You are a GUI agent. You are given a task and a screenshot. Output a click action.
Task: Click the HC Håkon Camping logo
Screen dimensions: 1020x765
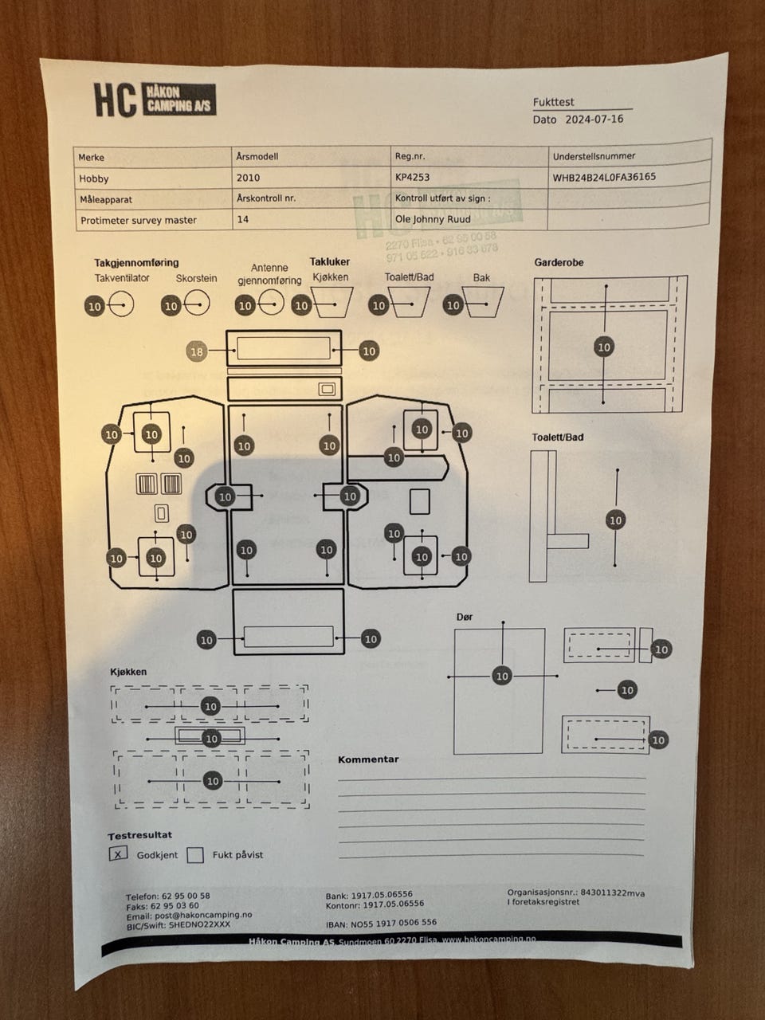tap(155, 100)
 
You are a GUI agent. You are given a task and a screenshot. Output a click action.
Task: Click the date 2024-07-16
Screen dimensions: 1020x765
tap(594, 120)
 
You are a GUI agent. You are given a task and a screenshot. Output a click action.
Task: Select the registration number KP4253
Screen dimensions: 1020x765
tap(412, 178)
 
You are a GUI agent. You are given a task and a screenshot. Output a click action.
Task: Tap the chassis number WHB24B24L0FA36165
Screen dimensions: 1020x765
tap(604, 177)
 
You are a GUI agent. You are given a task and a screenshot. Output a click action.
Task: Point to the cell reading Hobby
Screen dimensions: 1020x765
tap(94, 178)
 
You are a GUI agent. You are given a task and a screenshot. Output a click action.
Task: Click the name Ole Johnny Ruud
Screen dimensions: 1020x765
tap(433, 218)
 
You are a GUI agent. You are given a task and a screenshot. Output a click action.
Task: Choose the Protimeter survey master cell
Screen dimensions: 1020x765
tap(138, 220)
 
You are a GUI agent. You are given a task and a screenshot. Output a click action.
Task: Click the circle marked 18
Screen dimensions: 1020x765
tap(197, 351)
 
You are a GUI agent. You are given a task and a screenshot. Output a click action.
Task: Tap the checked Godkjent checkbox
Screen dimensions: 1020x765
tap(118, 854)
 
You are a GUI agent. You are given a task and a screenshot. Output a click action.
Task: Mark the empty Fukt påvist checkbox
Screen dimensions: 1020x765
tap(195, 855)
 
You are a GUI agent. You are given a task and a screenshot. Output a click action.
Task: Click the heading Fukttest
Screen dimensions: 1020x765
tap(553, 102)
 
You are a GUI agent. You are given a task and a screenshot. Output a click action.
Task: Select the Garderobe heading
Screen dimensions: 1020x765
tap(559, 262)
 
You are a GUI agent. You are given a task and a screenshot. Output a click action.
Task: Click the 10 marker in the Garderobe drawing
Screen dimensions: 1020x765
tap(604, 347)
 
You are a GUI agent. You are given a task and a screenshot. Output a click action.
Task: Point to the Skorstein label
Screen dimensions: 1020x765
tap(196, 279)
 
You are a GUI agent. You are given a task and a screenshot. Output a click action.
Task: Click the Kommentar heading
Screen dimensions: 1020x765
tap(368, 759)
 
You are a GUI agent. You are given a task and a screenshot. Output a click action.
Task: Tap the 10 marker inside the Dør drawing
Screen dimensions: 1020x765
tap(501, 676)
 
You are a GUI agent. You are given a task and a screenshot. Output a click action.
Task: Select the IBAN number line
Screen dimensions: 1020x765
tap(381, 923)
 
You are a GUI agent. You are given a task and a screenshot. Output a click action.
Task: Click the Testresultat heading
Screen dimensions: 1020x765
tap(139, 835)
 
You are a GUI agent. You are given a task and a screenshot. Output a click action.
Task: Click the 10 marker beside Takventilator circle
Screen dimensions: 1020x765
tap(95, 306)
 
